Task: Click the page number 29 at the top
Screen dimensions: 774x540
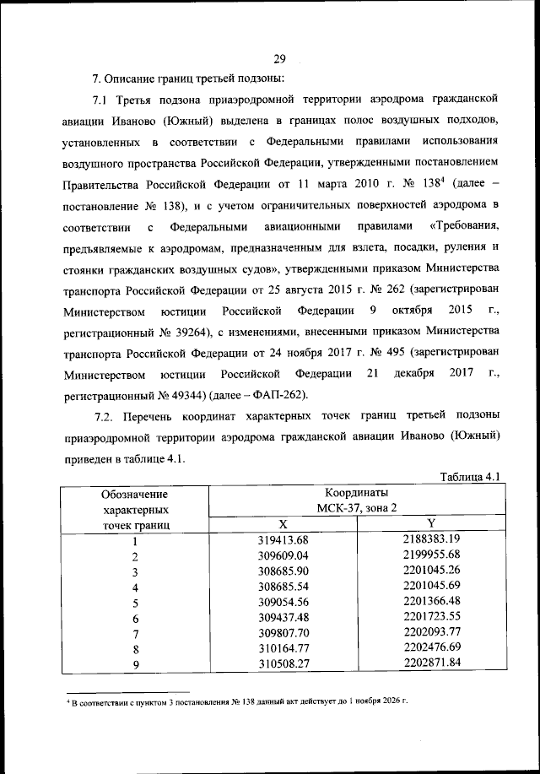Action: pos(280,58)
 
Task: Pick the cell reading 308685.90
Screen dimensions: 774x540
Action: pos(283,571)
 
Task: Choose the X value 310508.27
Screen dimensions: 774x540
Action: pos(283,665)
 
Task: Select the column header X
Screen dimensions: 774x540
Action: pos(283,524)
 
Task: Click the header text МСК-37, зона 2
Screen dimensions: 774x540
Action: pos(357,508)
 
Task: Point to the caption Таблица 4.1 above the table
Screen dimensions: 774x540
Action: pos(471,478)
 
